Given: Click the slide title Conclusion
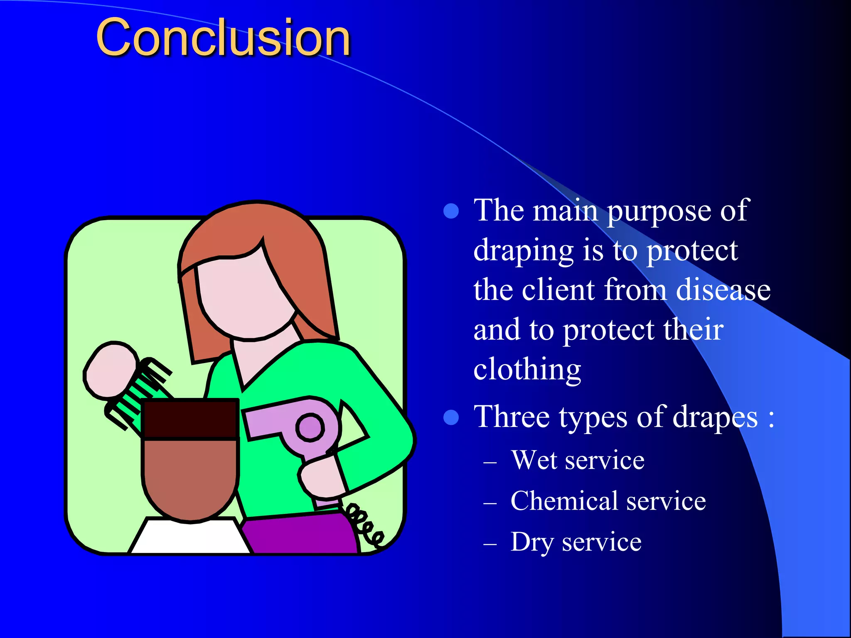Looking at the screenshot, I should (223, 38).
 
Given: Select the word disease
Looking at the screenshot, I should (723, 290).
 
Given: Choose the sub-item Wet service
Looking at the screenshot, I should (578, 460).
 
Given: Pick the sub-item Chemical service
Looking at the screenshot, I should (608, 501).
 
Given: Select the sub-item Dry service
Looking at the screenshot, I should (576, 542).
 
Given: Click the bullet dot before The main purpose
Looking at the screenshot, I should (451, 211).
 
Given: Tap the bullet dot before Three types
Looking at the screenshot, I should (451, 417).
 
